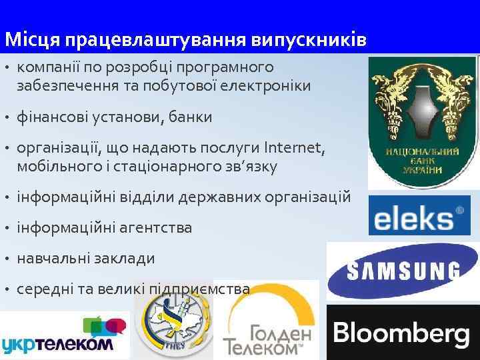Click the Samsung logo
coord(403,271)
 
